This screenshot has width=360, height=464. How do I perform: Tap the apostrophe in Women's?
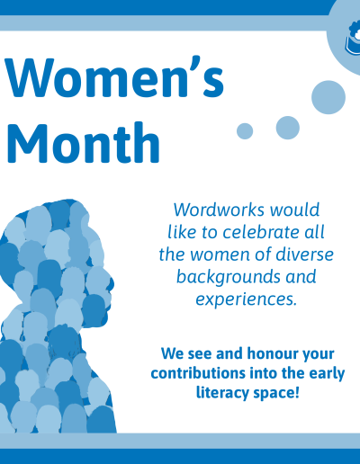coord(195,64)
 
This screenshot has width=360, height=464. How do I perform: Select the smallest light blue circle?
coord(245,131)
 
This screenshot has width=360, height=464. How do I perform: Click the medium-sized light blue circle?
coord(288,128)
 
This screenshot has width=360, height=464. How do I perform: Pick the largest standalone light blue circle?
coord(328,97)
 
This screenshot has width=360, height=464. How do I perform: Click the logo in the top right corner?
coord(353,39)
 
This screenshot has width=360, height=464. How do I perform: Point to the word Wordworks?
coord(220,210)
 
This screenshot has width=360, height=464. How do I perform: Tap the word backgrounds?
coord(229,277)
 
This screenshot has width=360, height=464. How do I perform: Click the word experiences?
coord(246,299)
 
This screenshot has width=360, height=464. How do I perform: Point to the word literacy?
coord(222,393)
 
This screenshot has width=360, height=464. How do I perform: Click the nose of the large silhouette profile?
coord(112,282)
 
